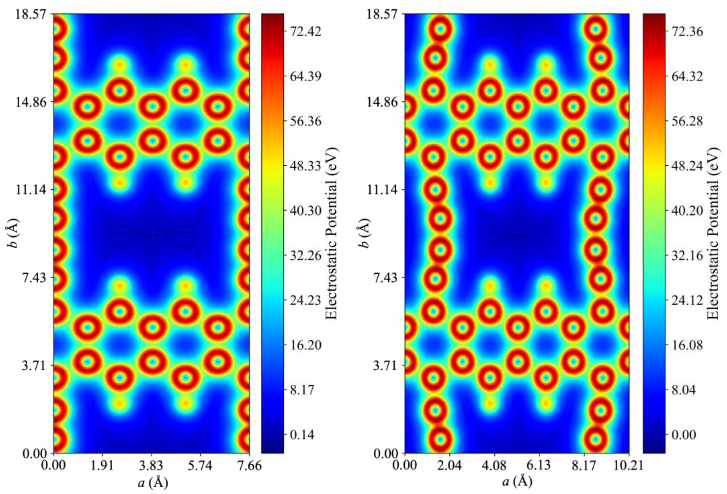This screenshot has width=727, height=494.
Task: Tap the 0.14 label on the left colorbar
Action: pos(302,435)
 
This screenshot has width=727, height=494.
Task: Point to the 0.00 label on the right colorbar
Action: pos(684,435)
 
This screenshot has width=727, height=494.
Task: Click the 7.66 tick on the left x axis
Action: pos(249,465)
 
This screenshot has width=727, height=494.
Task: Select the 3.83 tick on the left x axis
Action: pos(151,465)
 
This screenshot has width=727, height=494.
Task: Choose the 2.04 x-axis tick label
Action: pos(449,465)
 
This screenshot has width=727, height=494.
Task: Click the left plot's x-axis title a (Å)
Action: pos(153,483)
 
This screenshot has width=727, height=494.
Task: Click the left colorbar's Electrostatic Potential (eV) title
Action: pos(332,233)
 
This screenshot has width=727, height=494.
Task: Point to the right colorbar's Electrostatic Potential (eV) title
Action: pos(714,233)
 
